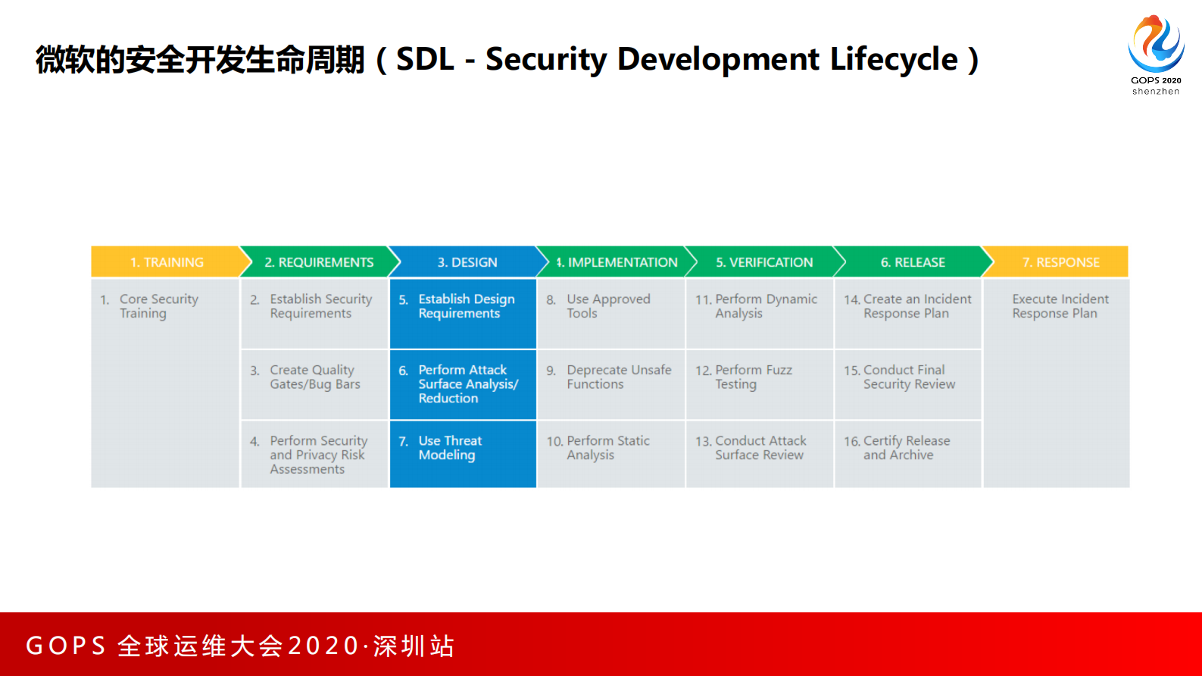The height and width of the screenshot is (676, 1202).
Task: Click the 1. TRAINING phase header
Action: pos(167,262)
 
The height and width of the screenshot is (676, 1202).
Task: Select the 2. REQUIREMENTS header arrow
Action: pos(318,262)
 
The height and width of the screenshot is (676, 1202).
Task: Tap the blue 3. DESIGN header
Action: pos(467,262)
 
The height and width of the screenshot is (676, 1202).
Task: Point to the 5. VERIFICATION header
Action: pos(763,262)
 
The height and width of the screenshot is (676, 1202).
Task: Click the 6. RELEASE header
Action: pos(912,262)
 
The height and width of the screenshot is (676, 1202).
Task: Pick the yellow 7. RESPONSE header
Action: pos(1060,262)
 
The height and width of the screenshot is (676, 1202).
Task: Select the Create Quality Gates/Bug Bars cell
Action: pos(314,377)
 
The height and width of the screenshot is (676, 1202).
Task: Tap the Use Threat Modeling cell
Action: pos(463,448)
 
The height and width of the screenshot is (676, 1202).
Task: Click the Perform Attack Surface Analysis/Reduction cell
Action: pos(463,383)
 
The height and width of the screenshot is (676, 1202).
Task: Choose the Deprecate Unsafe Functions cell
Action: pos(610,377)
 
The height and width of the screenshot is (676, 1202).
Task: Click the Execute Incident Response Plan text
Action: pos(1060,306)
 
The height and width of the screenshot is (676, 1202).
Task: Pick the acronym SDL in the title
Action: pos(425,59)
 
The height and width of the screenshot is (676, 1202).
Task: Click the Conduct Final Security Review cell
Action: pos(908,377)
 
